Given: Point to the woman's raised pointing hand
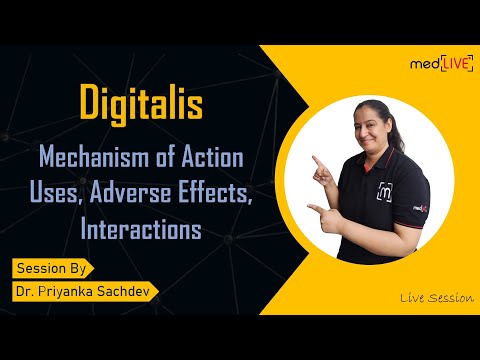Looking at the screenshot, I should pyautogui.click(x=318, y=163).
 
